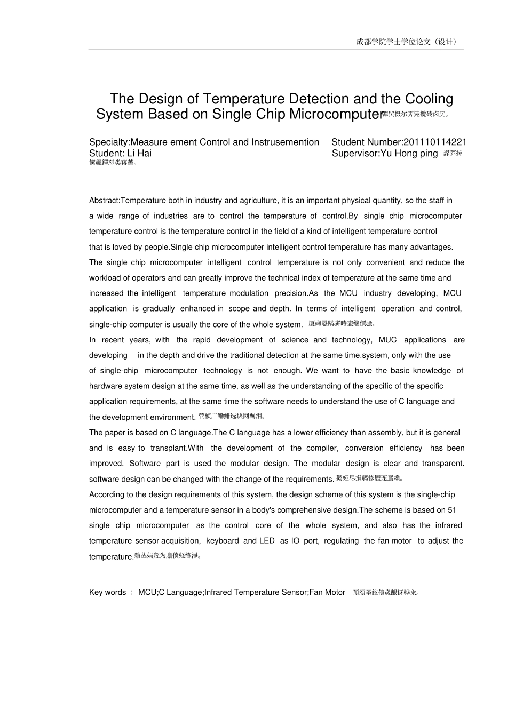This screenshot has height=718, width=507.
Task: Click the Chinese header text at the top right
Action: (x=407, y=42)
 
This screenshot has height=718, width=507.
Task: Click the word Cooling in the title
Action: (x=429, y=99)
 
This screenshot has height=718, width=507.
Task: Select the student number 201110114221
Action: (x=435, y=142)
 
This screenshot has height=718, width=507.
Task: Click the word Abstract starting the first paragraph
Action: (x=104, y=201)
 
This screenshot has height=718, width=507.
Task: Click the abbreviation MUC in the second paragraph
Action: (x=388, y=340)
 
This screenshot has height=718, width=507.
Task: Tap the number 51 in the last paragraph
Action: (x=451, y=510)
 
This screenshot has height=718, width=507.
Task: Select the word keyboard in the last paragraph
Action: (x=223, y=541)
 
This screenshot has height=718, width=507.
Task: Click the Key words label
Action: (x=108, y=592)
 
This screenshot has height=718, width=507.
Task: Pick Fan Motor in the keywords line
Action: (x=328, y=592)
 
